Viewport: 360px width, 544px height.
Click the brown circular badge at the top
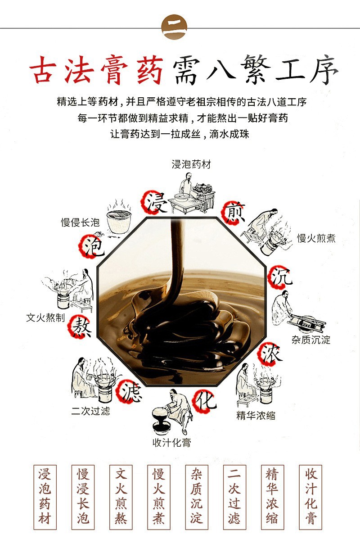174,27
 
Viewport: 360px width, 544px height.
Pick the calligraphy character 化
205,399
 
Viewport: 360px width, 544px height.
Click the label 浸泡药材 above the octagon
191,164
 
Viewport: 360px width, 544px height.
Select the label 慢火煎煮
316,238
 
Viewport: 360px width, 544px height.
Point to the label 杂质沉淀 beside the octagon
311,340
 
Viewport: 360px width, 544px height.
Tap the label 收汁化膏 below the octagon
171,442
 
